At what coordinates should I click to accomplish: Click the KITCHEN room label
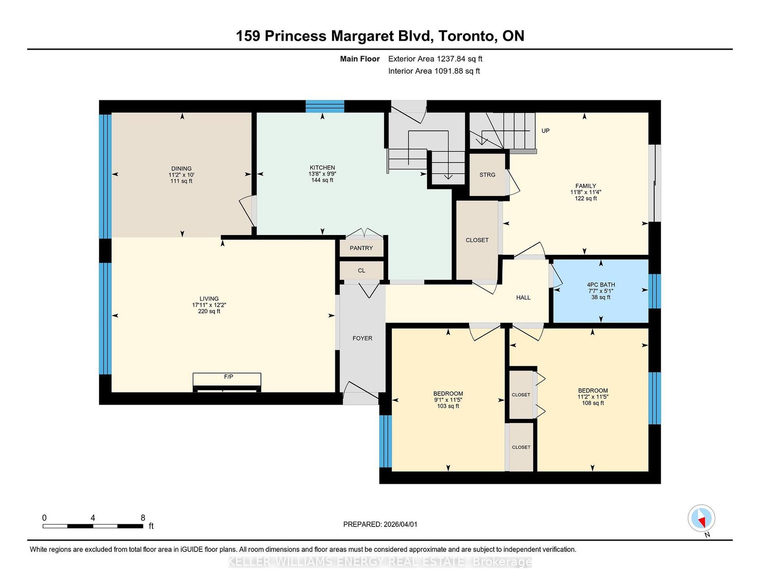tap(322, 167)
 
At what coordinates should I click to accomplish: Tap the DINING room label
tap(181, 168)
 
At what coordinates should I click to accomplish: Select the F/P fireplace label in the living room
tap(228, 377)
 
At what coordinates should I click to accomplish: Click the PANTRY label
tap(361, 248)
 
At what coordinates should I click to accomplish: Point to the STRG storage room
tap(487, 175)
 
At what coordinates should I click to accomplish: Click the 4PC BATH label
tap(601, 285)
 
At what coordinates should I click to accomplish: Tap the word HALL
tap(523, 297)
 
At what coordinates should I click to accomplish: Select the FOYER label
tap(362, 338)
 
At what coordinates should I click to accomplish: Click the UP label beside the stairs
tap(546, 131)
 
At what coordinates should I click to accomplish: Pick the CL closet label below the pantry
tap(361, 271)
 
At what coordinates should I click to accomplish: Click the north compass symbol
tap(702, 518)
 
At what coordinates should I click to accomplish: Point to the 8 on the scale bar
tap(143, 518)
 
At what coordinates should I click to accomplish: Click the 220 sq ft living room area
tap(209, 311)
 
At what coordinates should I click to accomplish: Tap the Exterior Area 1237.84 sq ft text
tap(435, 59)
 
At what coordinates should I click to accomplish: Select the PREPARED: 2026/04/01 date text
tap(380, 524)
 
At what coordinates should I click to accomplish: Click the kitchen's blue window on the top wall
tap(325, 106)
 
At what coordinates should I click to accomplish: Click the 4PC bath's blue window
tap(655, 291)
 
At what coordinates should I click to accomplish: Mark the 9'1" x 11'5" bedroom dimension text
tap(448, 400)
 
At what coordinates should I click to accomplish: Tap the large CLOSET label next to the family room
tap(477, 240)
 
